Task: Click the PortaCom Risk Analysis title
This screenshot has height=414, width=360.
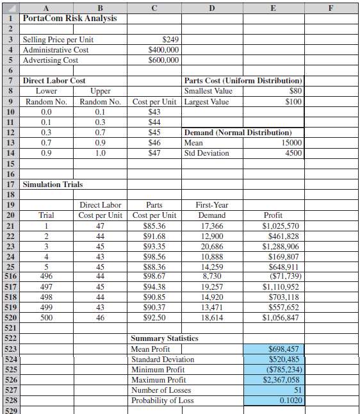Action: coord(70,18)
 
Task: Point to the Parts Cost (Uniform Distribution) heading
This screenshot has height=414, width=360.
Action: coord(243,81)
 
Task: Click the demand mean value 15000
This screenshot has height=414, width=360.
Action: coord(291,143)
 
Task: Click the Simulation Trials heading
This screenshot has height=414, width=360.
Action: coord(53,185)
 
